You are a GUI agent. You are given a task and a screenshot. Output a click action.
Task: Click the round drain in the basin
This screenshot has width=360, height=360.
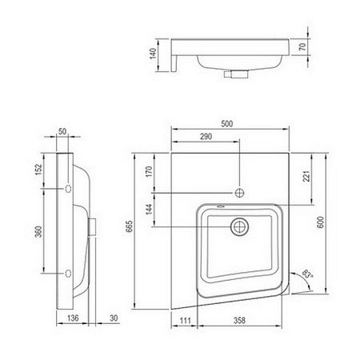[238, 227]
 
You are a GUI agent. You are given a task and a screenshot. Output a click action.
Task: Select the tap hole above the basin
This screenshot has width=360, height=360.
[238, 194]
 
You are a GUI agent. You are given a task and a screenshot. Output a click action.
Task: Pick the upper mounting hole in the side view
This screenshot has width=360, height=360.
[68, 188]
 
